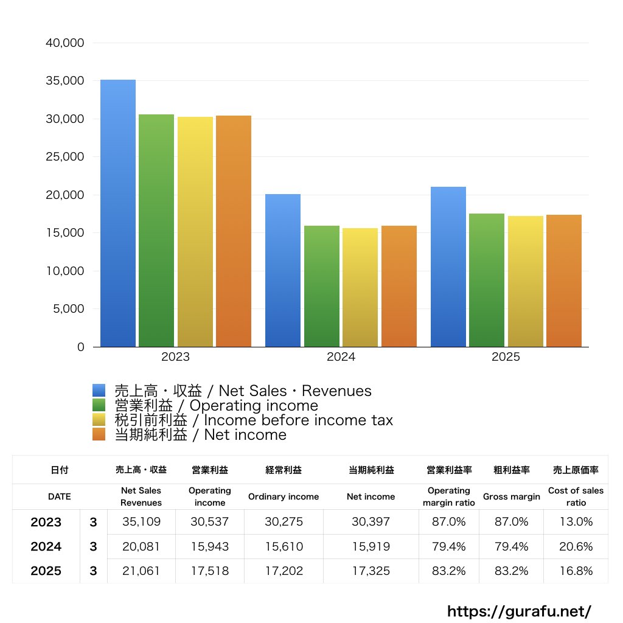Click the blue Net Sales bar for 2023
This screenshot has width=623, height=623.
pos(118,213)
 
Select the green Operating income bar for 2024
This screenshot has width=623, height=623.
pos(322,286)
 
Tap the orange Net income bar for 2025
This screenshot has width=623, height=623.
pos(564,280)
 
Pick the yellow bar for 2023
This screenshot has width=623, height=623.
pos(195,231)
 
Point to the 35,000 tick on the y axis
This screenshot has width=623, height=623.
pos(65,81)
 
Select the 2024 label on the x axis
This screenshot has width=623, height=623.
pos(341,357)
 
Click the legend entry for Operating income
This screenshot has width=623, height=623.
pos(216,406)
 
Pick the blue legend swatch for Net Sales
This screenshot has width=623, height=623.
pos(99,391)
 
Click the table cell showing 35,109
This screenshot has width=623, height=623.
pos(141,522)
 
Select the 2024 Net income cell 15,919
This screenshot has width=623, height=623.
pos(371,546)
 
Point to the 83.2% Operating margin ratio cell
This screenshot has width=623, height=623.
pos(448,571)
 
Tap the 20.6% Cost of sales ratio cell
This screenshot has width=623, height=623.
pos(576,546)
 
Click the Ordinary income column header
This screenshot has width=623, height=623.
pos(283,496)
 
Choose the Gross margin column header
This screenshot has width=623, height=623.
pos(511,496)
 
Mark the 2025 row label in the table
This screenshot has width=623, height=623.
pos(46,571)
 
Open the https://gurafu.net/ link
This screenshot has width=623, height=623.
pos(519,611)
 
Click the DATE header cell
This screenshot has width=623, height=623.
pos(60,496)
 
